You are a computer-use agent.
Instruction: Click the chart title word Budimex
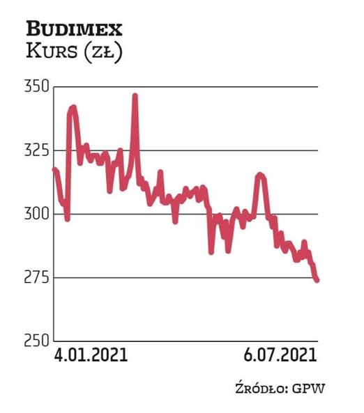[74, 29]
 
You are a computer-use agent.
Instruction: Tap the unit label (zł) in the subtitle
[104, 52]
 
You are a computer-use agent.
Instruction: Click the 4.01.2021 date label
[91, 355]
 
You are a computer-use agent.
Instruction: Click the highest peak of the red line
[135, 95]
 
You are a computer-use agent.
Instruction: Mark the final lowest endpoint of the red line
[317, 280]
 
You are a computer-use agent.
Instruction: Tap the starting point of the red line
[54, 169]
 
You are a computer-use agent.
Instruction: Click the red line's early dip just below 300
[67, 219]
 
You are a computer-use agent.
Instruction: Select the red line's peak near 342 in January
[73, 107]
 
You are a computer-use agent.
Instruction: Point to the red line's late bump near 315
[260, 175]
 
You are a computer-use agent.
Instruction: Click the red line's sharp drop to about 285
[211, 251]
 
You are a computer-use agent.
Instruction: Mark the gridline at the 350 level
[209, 87]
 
